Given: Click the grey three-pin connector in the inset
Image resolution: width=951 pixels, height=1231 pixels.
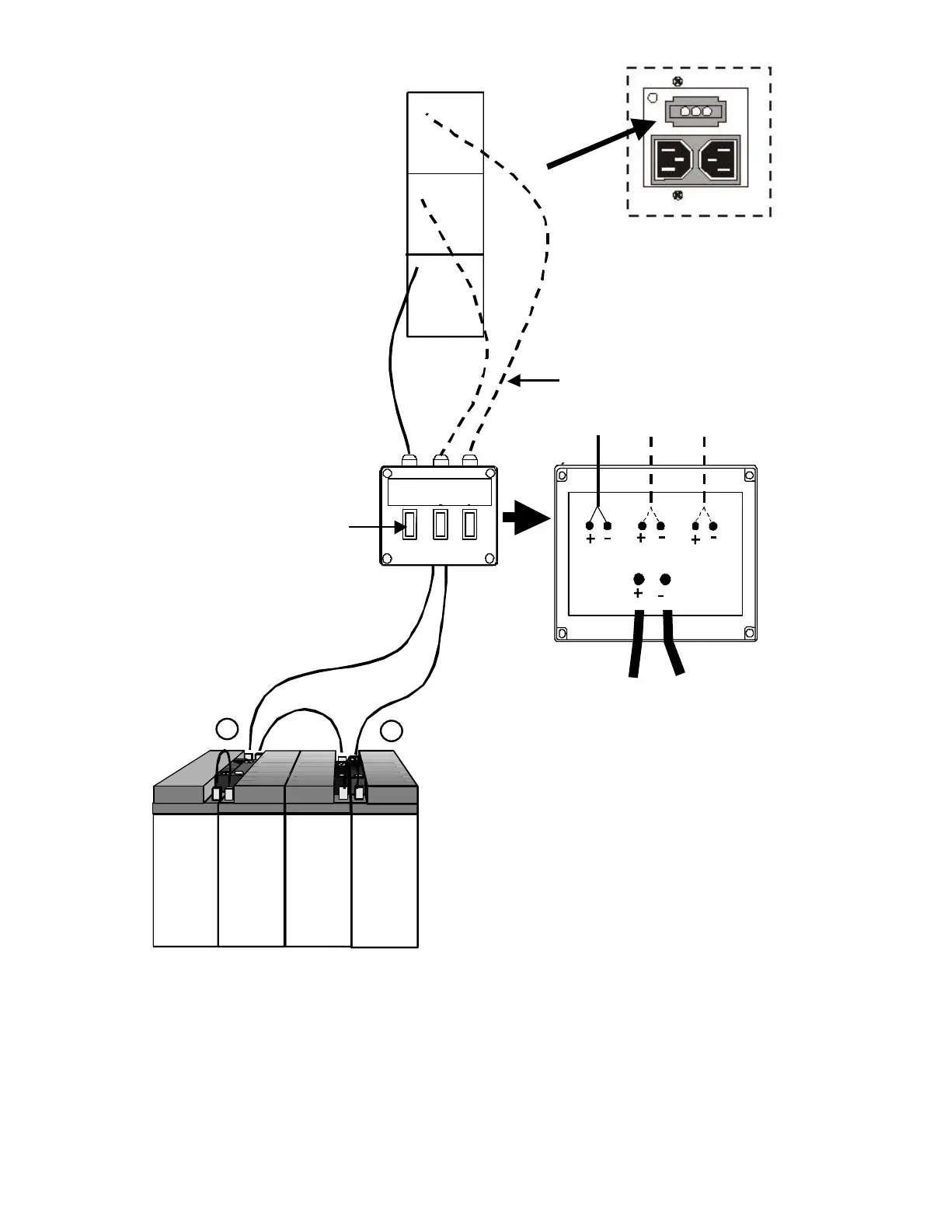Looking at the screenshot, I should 695,112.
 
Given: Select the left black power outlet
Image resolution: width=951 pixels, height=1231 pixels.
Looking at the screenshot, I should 673,161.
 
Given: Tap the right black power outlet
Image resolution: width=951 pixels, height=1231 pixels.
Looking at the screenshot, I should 719,161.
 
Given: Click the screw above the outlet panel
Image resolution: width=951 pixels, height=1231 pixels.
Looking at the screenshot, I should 678,81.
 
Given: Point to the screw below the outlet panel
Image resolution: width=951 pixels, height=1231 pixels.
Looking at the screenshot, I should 678,195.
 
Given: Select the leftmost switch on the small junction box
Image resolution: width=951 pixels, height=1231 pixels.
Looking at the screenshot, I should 410,525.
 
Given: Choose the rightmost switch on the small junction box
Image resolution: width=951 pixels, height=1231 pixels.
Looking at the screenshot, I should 469,525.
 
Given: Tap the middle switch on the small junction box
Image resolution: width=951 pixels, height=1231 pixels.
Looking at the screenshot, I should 441,525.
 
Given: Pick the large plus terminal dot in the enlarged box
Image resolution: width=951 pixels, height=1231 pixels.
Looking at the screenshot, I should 639,580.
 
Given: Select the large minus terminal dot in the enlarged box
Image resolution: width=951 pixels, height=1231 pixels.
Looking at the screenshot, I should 664,580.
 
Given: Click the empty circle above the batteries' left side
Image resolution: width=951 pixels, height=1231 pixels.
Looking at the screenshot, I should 227,729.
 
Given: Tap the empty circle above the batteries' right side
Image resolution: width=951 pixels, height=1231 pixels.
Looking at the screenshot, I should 392,731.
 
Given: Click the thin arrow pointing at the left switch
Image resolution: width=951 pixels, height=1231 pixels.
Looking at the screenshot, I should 376,528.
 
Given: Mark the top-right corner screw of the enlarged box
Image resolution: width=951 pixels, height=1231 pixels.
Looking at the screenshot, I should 749,474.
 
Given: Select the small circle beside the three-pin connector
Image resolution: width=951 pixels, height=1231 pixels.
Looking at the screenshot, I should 653,99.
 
